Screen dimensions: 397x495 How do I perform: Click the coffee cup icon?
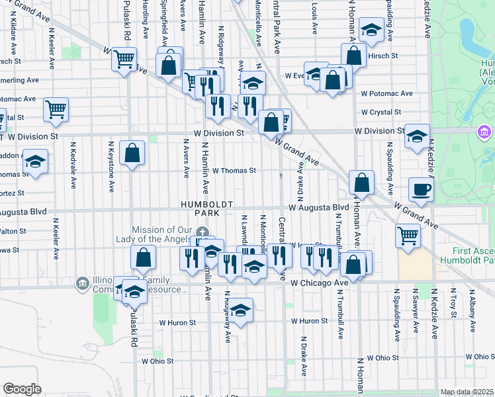(x=421, y=190)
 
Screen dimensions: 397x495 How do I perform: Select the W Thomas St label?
(x=234, y=171)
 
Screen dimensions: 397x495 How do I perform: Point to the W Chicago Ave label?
(x=320, y=283)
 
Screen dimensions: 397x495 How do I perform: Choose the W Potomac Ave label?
(x=386, y=94)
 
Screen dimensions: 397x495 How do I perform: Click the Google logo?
(x=22, y=389)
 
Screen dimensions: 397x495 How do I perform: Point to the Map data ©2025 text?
(x=467, y=392)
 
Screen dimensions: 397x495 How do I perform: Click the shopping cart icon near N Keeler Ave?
(x=56, y=109)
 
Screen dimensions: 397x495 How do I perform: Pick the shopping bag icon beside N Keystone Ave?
(x=132, y=154)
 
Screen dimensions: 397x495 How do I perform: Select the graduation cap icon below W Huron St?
(x=242, y=312)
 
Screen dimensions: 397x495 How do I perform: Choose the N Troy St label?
(x=454, y=302)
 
